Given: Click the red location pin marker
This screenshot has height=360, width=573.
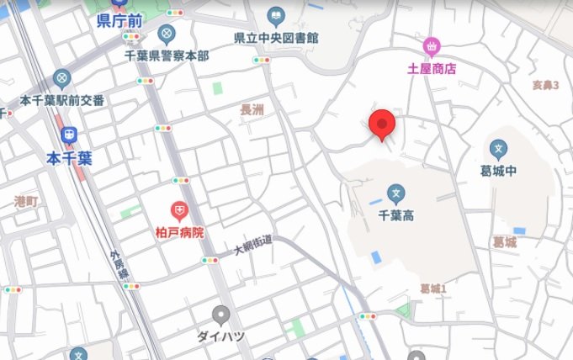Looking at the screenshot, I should click(383, 125).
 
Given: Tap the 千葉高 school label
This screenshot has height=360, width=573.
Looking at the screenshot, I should click(396, 215).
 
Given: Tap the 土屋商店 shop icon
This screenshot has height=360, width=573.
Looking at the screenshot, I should click(432, 45).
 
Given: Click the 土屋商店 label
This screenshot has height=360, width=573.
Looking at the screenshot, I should click(432, 69).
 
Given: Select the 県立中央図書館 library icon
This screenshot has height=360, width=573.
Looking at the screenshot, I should click(275, 15).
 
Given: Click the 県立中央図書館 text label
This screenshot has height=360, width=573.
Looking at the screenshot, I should click(276, 38).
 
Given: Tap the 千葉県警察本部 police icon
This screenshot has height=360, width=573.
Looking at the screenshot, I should click(167, 34).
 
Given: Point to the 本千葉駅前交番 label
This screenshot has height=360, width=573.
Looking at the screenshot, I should click(62, 101).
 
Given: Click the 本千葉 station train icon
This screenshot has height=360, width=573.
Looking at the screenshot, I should click(69, 135).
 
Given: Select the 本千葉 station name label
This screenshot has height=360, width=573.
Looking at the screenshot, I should click(69, 157).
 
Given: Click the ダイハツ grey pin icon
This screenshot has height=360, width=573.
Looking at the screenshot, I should click(221, 315).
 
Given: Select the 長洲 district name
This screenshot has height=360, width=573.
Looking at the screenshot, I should click(252, 110).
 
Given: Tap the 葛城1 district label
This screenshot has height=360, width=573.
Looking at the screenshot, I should click(432, 289).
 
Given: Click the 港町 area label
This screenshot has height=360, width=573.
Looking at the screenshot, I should click(26, 201).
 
